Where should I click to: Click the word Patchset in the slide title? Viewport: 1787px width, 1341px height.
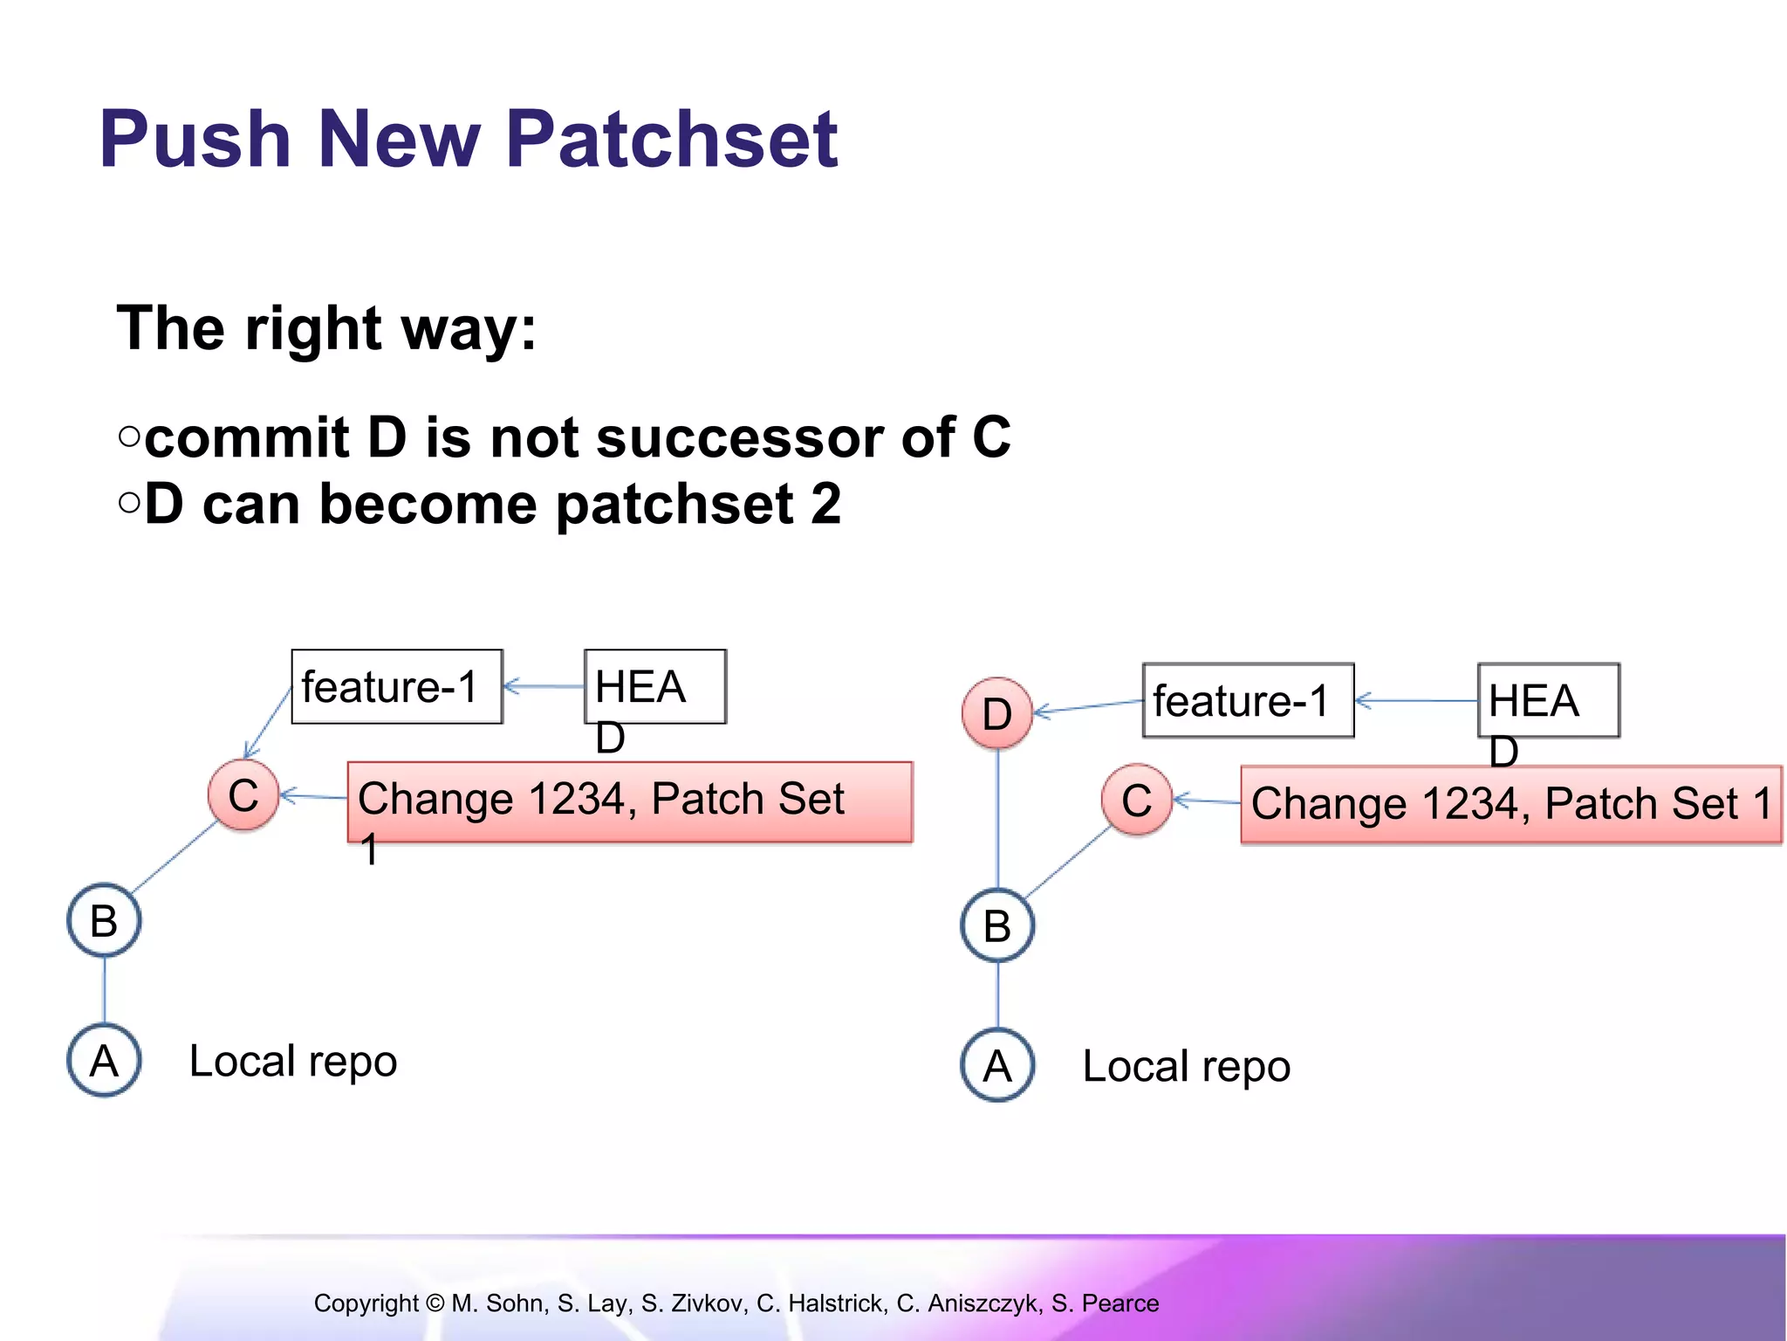coord(672,140)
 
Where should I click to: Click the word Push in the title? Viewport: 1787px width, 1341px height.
coord(195,140)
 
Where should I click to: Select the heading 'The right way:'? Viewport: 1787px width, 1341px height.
coord(326,329)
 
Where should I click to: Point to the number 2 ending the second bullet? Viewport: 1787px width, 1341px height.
coord(825,505)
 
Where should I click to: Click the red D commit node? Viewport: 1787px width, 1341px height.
coord(997,713)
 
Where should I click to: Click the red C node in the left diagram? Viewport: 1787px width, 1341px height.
coord(243,795)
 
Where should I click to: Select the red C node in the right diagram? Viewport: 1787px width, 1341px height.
coord(1136,800)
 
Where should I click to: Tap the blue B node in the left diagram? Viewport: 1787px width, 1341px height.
coord(104,921)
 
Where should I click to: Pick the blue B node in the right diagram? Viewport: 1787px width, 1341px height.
coord(997,925)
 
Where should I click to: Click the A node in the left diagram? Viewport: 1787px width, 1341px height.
coord(104,1061)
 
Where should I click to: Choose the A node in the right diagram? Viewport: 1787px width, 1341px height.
coord(997,1066)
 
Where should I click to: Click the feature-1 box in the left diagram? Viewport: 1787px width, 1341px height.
coord(397,686)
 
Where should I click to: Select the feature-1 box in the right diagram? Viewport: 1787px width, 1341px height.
coord(1248,700)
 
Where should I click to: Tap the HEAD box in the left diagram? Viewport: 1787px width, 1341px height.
coord(654,686)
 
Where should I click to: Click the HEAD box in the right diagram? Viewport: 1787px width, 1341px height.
coord(1548,700)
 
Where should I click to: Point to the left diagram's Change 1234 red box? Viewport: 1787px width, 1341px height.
coord(629,801)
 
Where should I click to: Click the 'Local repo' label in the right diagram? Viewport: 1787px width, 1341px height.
coord(1186,1066)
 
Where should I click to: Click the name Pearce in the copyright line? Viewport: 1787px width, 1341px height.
coord(1120,1303)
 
